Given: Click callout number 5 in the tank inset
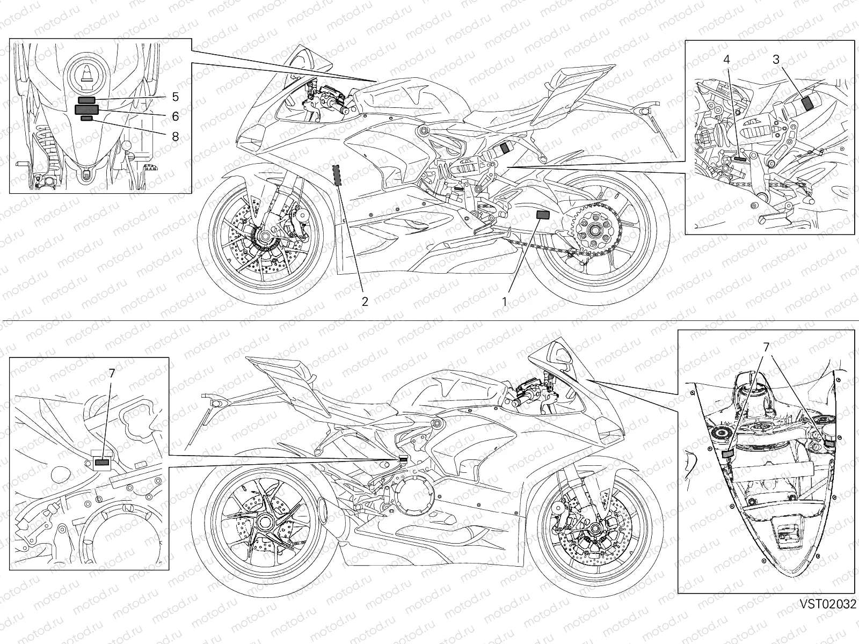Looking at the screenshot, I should point(175,97).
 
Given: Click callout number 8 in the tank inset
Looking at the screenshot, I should point(175,136).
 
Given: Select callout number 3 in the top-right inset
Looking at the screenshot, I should point(776,60).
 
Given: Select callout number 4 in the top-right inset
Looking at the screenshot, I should point(727,60).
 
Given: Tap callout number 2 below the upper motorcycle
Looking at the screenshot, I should point(365,301).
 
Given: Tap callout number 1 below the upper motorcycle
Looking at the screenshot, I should point(504,301).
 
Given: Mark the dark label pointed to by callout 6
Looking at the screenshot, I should point(86,109).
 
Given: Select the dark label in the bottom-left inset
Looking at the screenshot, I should point(101,462).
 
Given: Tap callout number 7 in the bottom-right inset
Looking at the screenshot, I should point(766,348).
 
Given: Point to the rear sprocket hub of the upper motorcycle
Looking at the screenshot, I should point(594,231).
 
